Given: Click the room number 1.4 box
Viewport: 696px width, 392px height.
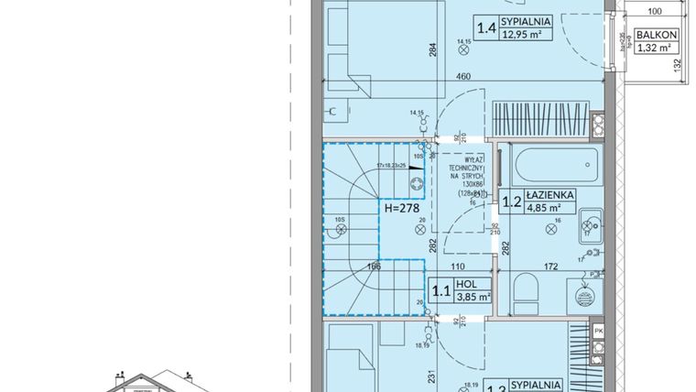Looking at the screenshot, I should coord(485,28).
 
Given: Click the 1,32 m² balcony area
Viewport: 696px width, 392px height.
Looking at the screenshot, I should coord(656,49).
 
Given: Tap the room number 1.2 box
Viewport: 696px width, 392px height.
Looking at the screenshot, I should coord(511,201).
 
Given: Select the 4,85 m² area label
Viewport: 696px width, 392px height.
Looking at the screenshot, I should coord(549,207).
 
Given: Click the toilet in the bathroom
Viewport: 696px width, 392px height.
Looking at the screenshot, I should coord(528,292).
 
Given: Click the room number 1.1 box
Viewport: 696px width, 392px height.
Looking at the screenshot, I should coord(442,292).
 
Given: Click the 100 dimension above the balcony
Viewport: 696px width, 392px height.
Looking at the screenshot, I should coord(655,13).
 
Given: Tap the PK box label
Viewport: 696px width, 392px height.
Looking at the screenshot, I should coord(599,331).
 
